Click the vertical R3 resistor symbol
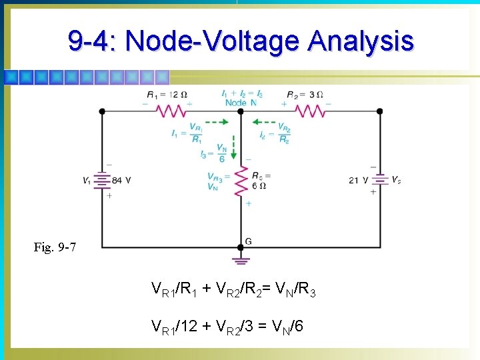click(241, 181)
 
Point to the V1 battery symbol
click(101, 179)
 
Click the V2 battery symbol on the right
click(379, 179)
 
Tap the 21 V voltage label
click(359, 180)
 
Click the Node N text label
click(241, 103)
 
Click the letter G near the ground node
click(249, 240)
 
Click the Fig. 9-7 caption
click(55, 248)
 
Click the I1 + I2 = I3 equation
click(241, 94)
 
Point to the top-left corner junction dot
click(101, 111)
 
